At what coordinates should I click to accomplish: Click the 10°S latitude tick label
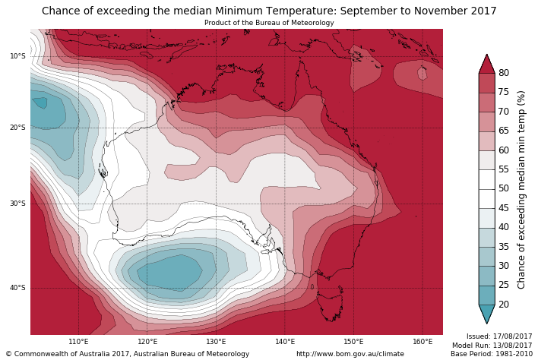tap(17, 56)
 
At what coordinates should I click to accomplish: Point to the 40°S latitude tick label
tap(17, 288)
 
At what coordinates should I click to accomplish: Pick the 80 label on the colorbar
tap(503, 73)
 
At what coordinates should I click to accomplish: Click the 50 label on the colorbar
tap(503, 188)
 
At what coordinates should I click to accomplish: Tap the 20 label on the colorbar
tap(503, 305)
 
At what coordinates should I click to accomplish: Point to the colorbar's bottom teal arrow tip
tap(486, 323)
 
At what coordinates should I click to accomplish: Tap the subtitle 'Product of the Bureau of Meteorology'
tap(269, 23)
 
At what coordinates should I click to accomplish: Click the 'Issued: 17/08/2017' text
tap(499, 336)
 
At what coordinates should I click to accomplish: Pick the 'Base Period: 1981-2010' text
tap(492, 354)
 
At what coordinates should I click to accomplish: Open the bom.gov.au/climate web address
tap(350, 354)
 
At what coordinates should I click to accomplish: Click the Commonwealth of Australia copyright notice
tap(128, 354)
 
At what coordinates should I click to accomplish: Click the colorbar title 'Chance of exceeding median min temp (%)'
tap(521, 189)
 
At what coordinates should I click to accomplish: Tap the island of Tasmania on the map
tap(330, 308)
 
